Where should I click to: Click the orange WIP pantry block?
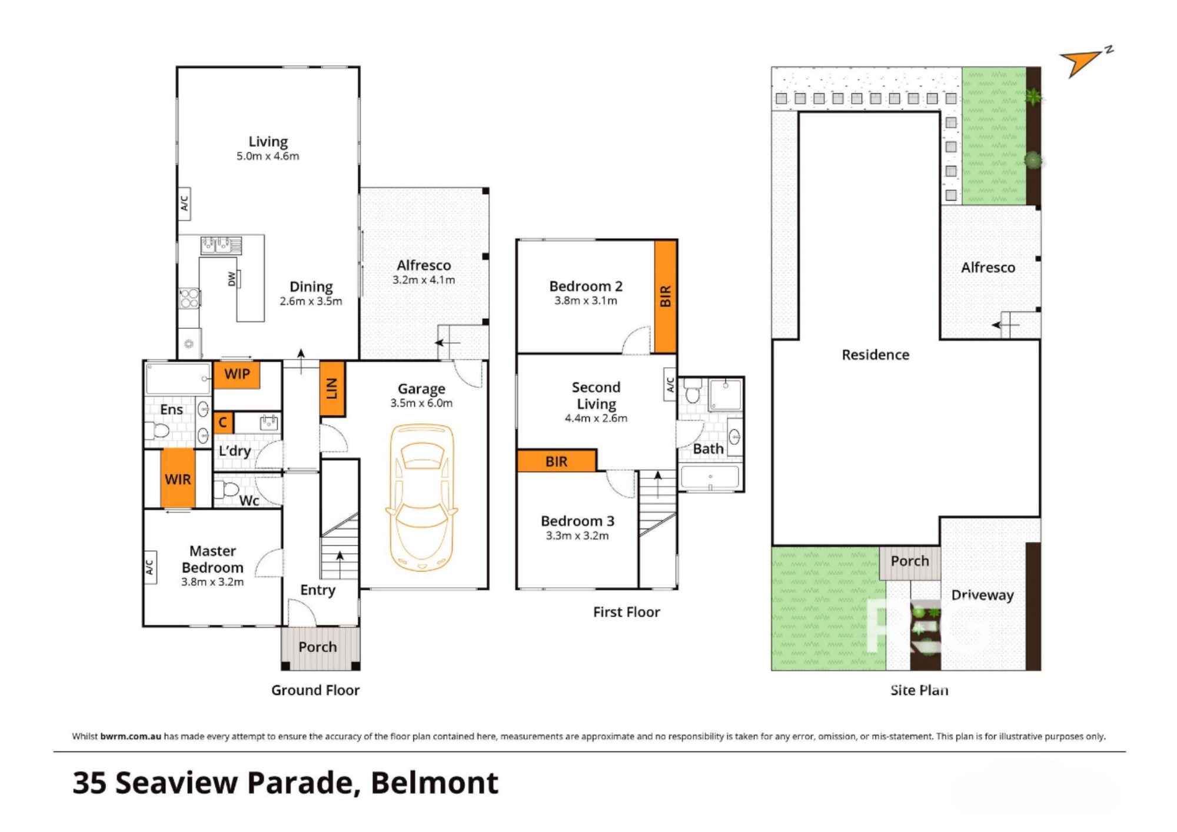237,375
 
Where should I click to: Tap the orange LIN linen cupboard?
332,388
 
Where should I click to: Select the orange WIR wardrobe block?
178,479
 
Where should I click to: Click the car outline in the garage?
421,497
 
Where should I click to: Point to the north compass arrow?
1082,62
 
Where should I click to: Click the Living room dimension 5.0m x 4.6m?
268,157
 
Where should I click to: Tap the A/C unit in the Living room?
184,204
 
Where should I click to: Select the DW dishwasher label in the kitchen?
232,279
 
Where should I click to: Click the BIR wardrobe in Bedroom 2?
666,296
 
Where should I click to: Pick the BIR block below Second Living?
557,461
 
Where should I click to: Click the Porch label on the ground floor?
318,647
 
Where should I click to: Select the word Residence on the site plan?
875,355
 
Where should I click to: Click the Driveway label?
982,595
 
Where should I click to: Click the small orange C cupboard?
223,422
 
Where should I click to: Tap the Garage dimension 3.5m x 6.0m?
421,404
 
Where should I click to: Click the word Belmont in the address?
434,783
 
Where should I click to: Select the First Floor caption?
626,613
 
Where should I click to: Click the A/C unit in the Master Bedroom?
150,567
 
